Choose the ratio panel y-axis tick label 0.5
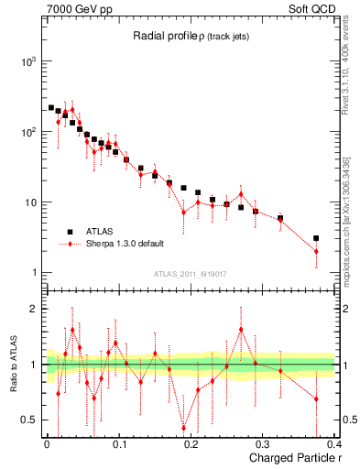coord(28,420)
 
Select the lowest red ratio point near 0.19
coord(183,428)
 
